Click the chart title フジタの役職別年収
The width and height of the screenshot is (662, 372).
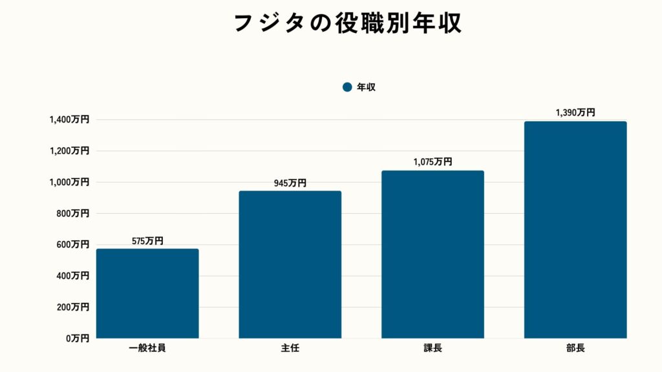tap(347, 23)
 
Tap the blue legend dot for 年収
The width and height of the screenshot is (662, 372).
tap(347, 87)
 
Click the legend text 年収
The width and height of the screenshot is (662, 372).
tap(366, 87)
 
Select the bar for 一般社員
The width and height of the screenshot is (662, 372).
tap(147, 293)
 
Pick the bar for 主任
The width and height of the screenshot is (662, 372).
tap(290, 264)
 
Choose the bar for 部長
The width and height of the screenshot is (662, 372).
tap(575, 229)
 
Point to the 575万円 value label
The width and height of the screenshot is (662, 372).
tap(147, 241)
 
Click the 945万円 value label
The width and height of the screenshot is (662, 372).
tap(290, 183)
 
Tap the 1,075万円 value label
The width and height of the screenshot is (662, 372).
tap(432, 162)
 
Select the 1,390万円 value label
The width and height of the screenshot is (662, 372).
tap(575, 112)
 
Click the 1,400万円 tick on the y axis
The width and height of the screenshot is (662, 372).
tap(69, 119)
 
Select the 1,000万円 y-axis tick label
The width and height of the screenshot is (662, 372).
tap(69, 182)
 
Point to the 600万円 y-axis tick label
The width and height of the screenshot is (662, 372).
tap(72, 244)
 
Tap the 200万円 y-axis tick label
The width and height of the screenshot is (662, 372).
tap(72, 307)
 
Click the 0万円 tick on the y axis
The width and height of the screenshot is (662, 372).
tap(76, 338)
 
